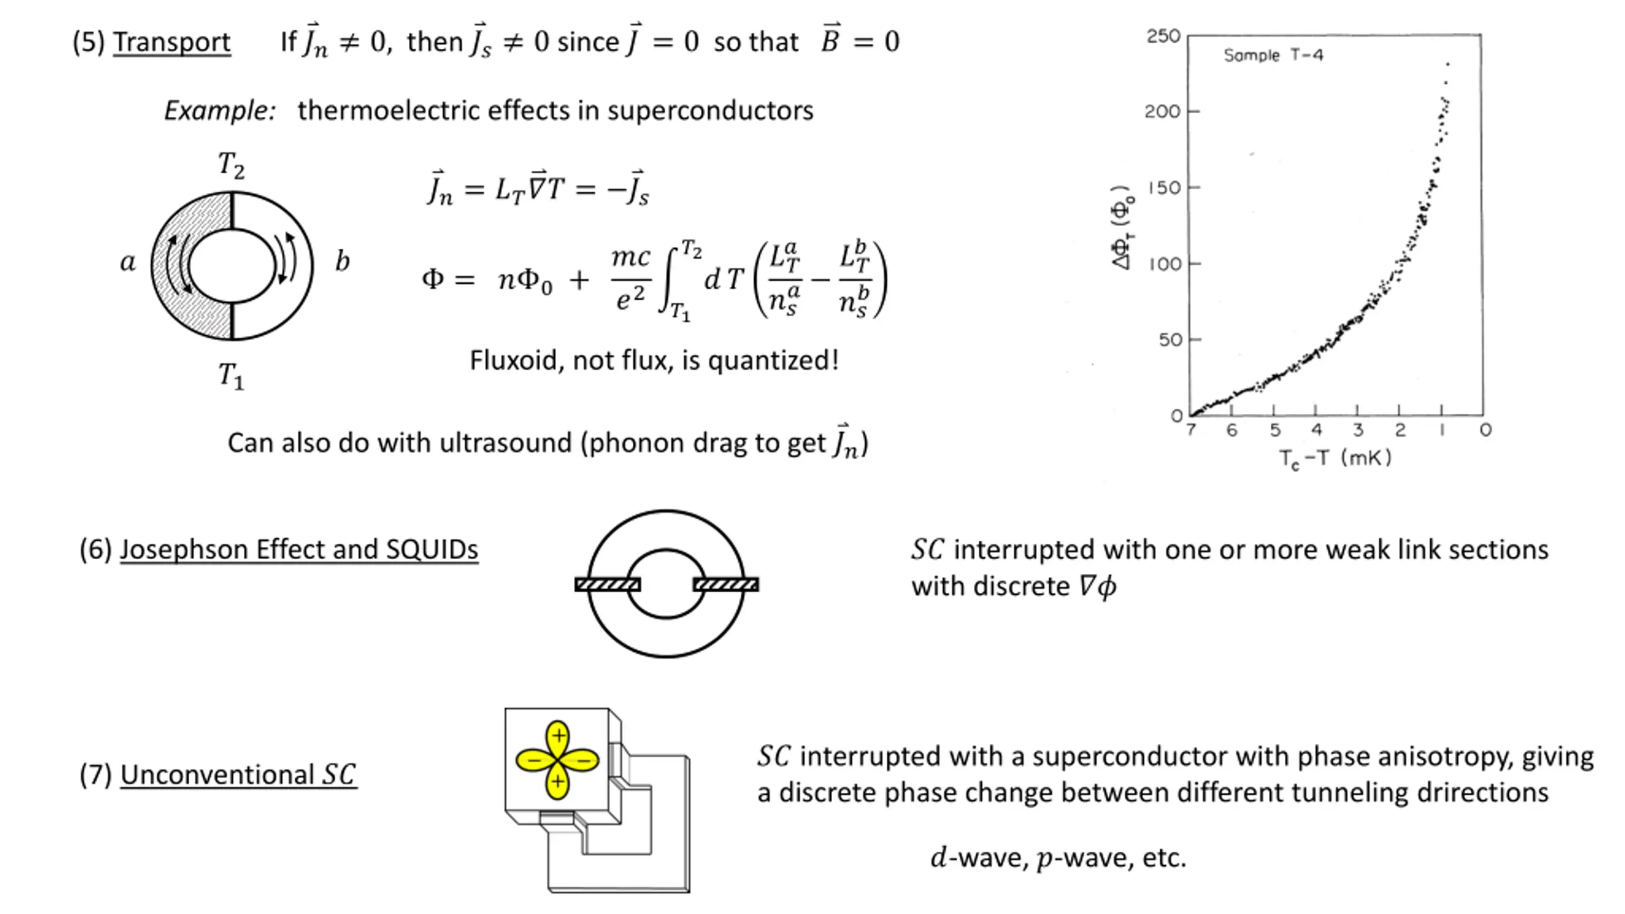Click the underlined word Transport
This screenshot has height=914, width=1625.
coord(171,42)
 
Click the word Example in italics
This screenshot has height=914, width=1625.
coord(219,110)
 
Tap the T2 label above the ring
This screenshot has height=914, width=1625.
coord(231,165)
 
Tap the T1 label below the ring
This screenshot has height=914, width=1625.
coord(231,376)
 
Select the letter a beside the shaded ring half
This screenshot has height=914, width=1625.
coord(128,262)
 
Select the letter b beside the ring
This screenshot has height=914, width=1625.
coord(342,261)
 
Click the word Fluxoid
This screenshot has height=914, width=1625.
coord(515,361)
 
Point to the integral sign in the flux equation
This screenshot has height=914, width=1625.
coord(670,280)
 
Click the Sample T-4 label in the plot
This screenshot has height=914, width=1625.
coord(1273,56)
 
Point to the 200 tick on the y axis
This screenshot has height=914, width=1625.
coord(1162,112)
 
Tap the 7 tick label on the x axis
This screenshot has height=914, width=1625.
coord(1191,430)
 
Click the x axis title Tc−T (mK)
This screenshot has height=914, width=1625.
coord(1334,458)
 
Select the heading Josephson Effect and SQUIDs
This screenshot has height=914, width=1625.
coord(298,550)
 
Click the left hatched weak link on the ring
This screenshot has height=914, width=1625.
coord(607,585)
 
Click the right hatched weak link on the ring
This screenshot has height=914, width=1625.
coord(726,585)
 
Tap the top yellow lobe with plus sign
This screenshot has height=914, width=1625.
coord(558,738)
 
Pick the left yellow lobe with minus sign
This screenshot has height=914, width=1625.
coord(534,760)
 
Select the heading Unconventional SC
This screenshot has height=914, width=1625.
coord(238,775)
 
